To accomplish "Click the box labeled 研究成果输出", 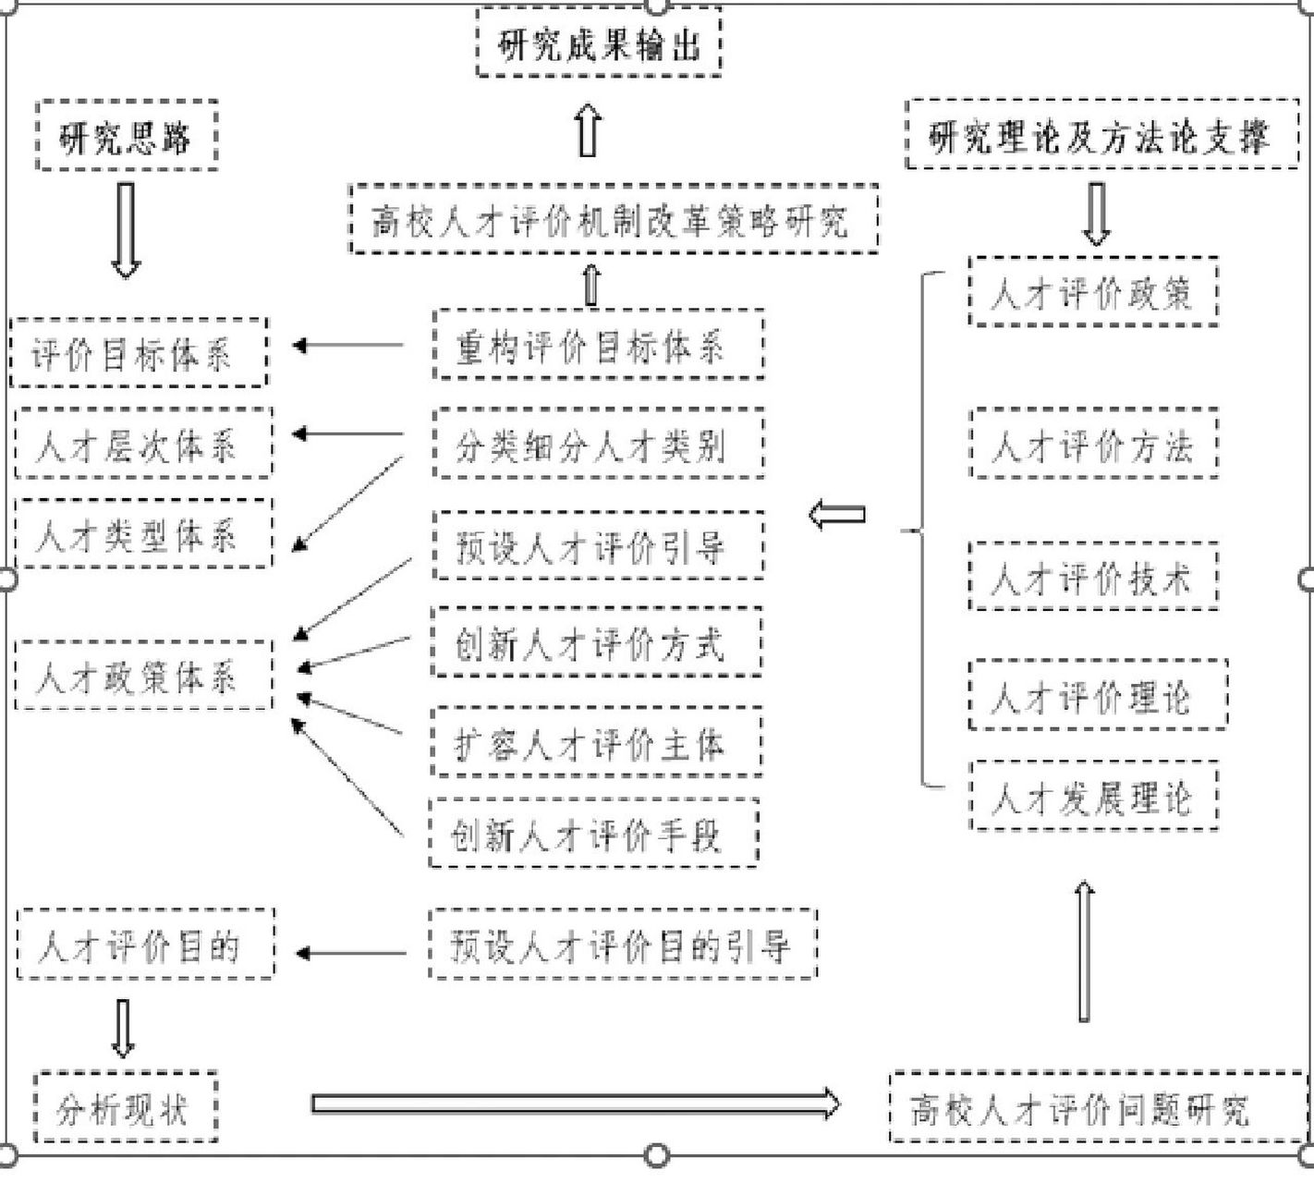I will click(x=598, y=43).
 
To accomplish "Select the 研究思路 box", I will click(x=127, y=136).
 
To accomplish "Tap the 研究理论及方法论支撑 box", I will click(x=1101, y=135).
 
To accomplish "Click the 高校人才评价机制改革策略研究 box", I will click(x=614, y=220).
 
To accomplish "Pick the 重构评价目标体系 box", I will click(x=598, y=346).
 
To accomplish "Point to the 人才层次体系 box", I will click(x=143, y=444).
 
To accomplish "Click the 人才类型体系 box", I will click(x=143, y=533).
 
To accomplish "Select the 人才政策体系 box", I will click(x=143, y=677).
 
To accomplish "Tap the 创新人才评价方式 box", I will click(x=597, y=642).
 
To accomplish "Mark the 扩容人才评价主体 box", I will click(x=597, y=742).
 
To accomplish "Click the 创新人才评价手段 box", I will click(x=593, y=834).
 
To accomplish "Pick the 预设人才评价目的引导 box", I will click(x=623, y=945).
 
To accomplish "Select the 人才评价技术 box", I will click(x=1092, y=578).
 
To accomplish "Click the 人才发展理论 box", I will click(x=1093, y=796).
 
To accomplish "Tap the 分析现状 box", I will click(x=126, y=1107).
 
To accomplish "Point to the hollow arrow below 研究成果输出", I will click(x=589, y=131).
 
